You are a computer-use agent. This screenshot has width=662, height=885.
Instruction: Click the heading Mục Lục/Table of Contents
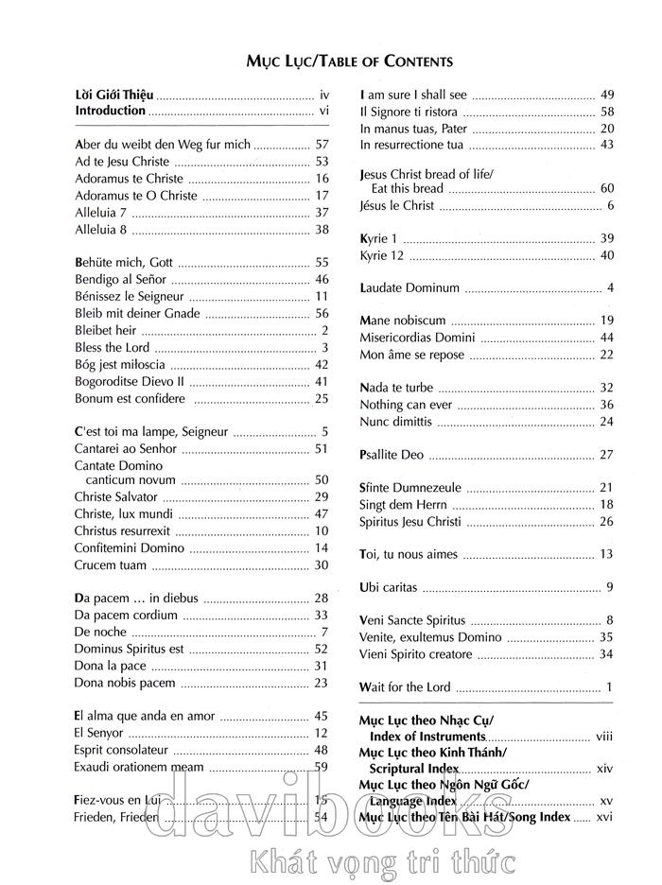[x=349, y=61]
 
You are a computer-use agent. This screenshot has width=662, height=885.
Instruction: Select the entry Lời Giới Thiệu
[x=113, y=95]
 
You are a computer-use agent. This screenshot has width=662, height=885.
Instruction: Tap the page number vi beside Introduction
[x=322, y=112]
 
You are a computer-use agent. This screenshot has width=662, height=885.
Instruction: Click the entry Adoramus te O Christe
[x=136, y=196]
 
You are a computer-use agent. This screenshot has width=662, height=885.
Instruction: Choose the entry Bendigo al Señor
[x=120, y=279]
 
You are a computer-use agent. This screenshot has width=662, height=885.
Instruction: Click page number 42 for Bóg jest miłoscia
[x=322, y=364]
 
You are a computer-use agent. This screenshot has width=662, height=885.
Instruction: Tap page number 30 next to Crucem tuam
[x=322, y=565]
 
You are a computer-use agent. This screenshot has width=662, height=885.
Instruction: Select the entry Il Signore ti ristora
[x=409, y=112]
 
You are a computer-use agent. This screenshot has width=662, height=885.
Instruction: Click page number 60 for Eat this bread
[x=607, y=189]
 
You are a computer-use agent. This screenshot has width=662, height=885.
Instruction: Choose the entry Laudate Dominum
[x=409, y=287]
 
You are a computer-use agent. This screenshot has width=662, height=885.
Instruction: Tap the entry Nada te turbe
[x=396, y=388]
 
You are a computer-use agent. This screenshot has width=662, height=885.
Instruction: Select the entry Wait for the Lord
[x=406, y=687]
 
